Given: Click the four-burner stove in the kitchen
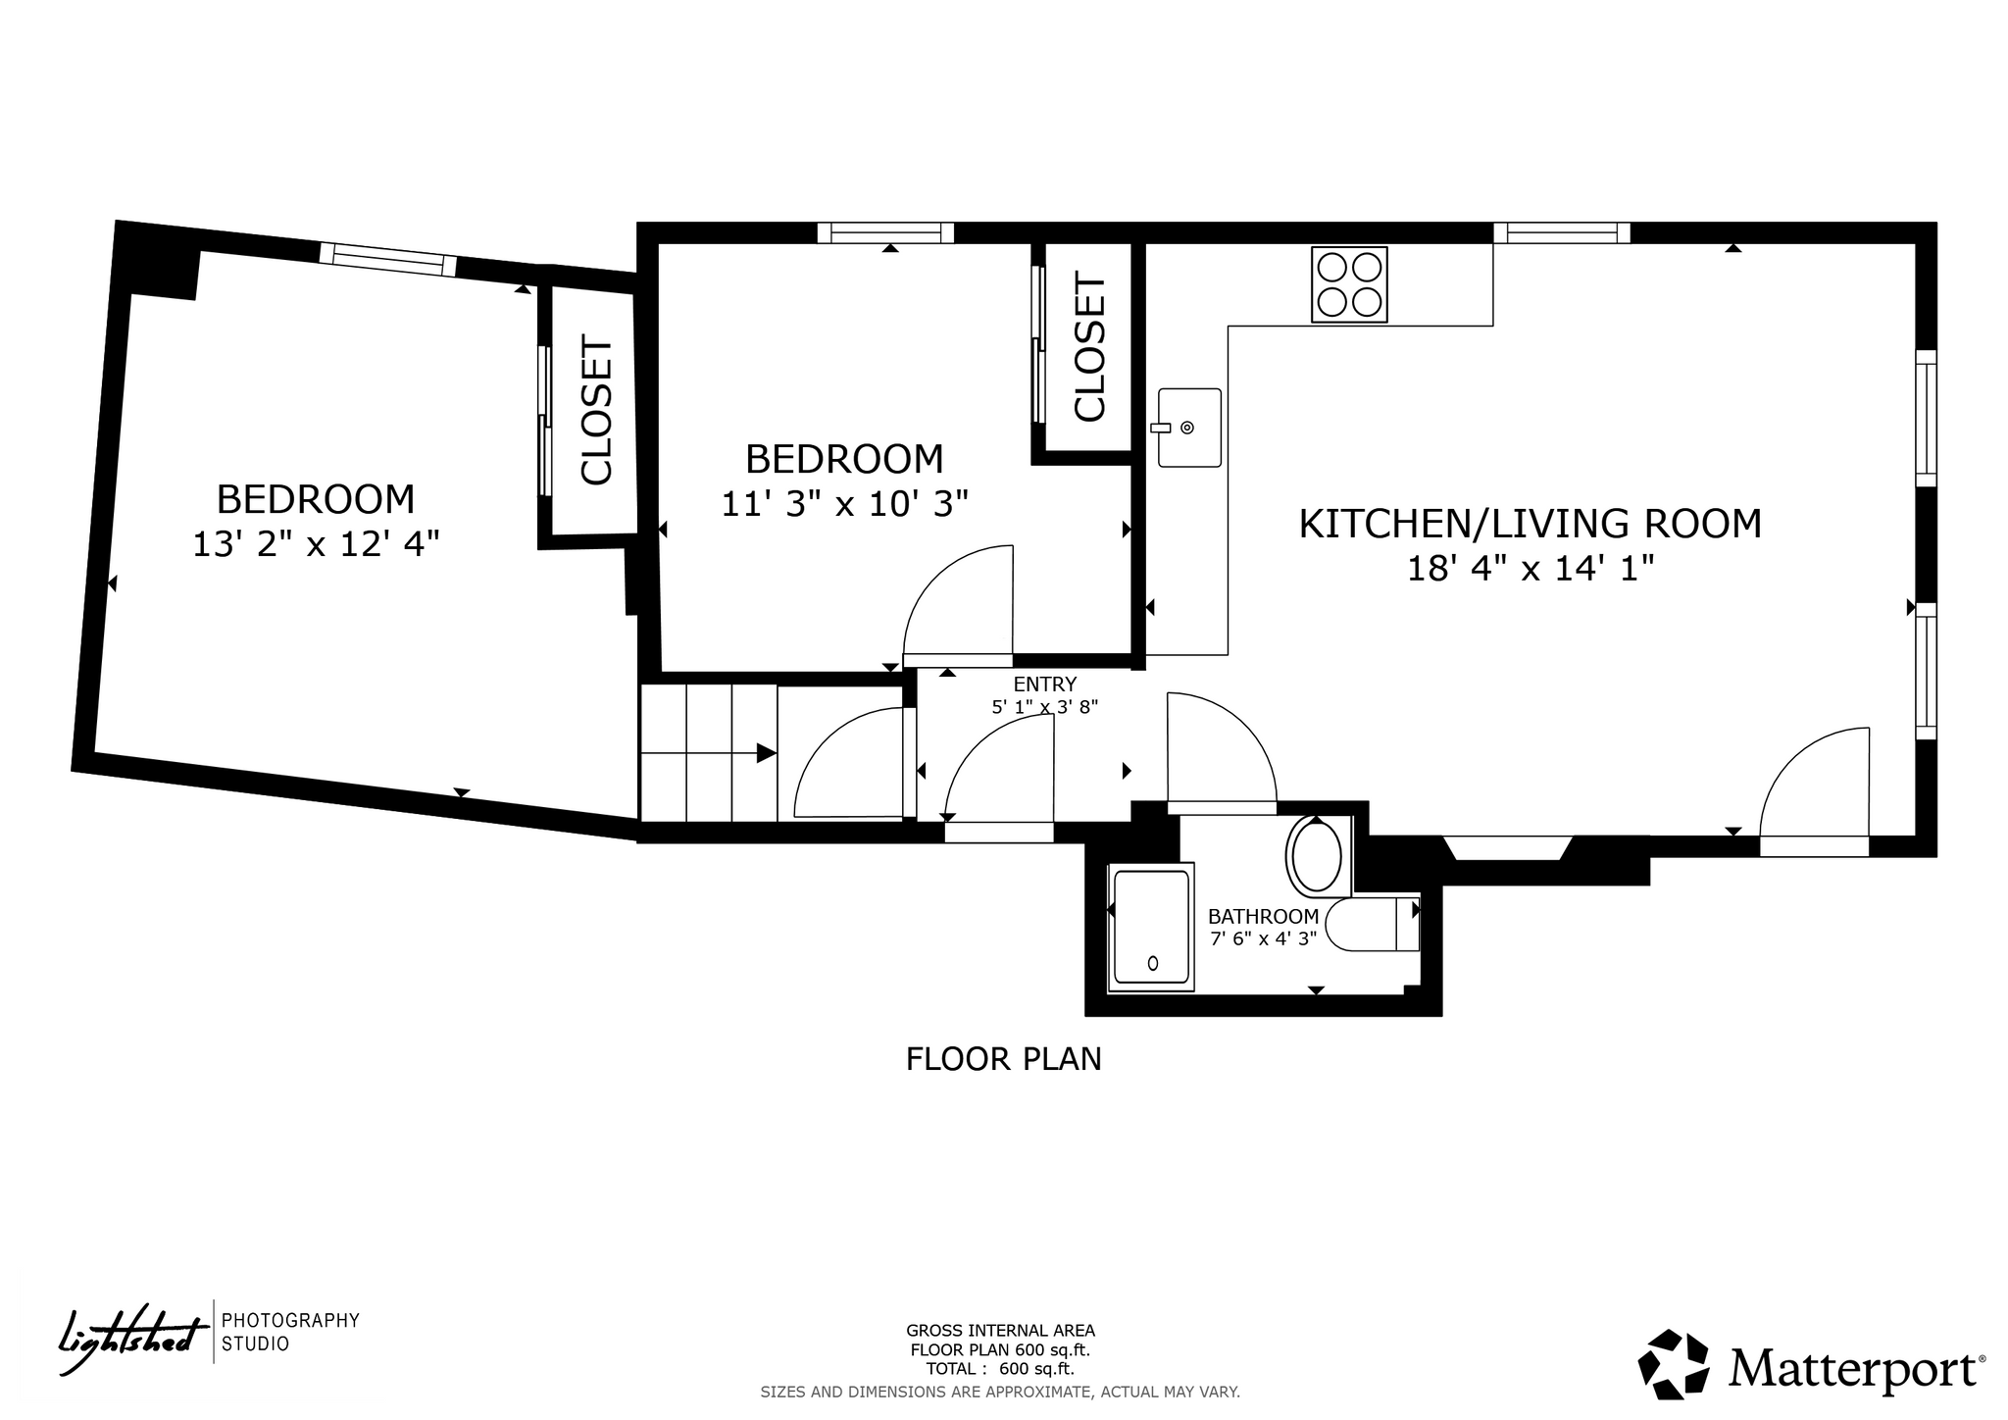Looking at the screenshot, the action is (x=1349, y=284).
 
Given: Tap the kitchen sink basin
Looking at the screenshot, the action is (x=1189, y=428).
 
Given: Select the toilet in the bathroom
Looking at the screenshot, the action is (x=1372, y=924).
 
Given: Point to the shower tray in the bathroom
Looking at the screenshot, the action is (x=1151, y=927).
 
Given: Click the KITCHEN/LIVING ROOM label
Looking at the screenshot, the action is (x=1530, y=524).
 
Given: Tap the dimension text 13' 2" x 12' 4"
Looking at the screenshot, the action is (x=316, y=543).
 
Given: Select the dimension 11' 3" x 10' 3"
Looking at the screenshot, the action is (x=844, y=503).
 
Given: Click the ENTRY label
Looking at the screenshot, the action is (x=1045, y=685).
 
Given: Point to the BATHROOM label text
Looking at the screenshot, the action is (x=1263, y=917).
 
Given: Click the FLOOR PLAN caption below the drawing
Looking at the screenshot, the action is (x=1004, y=1059).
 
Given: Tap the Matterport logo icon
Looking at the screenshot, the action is (x=1674, y=1364).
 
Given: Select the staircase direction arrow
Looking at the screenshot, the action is (x=708, y=753).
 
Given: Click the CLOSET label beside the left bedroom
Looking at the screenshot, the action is (x=597, y=411).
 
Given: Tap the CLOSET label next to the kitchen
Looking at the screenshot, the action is (x=1090, y=347).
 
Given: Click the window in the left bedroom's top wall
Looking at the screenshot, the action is (x=388, y=260).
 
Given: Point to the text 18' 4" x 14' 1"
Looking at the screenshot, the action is (x=1531, y=569).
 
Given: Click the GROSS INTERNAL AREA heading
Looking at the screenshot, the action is (x=1000, y=1331).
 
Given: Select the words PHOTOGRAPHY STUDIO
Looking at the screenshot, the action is (x=290, y=1332).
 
